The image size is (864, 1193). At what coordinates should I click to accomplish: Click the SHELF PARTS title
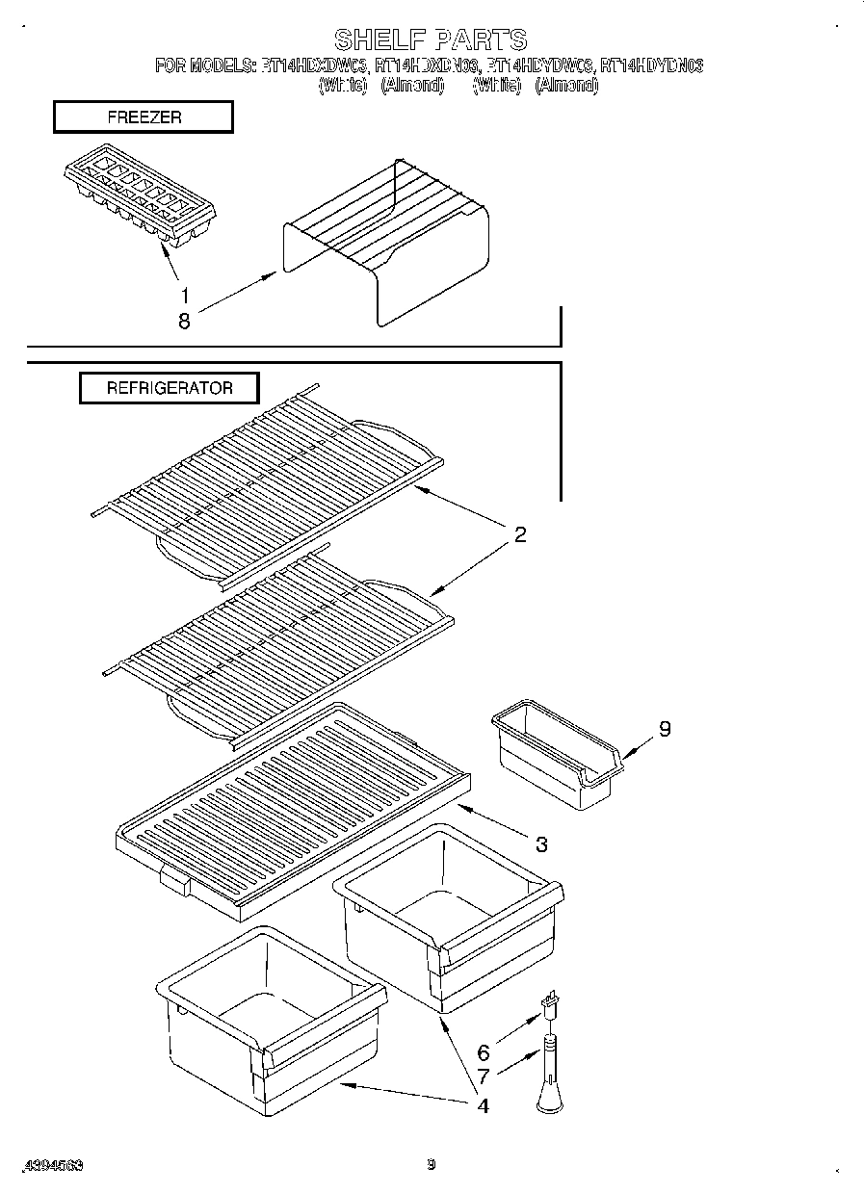[431, 39]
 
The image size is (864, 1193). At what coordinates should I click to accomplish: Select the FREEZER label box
[143, 117]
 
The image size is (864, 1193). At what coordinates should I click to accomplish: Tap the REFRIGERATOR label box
[169, 388]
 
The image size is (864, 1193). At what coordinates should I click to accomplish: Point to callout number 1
[184, 296]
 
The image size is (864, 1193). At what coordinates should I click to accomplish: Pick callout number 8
[184, 323]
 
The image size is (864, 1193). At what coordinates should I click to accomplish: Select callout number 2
[519, 535]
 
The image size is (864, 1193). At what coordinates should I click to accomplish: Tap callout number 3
[541, 844]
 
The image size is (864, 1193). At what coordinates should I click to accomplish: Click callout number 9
[664, 729]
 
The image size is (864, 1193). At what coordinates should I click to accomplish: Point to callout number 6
[484, 1053]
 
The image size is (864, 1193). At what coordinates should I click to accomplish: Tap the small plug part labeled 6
[552, 1007]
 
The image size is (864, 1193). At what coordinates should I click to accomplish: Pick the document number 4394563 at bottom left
[54, 1165]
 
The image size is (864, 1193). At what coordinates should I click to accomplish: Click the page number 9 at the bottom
[432, 1164]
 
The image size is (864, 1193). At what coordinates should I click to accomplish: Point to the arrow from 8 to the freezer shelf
[237, 293]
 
